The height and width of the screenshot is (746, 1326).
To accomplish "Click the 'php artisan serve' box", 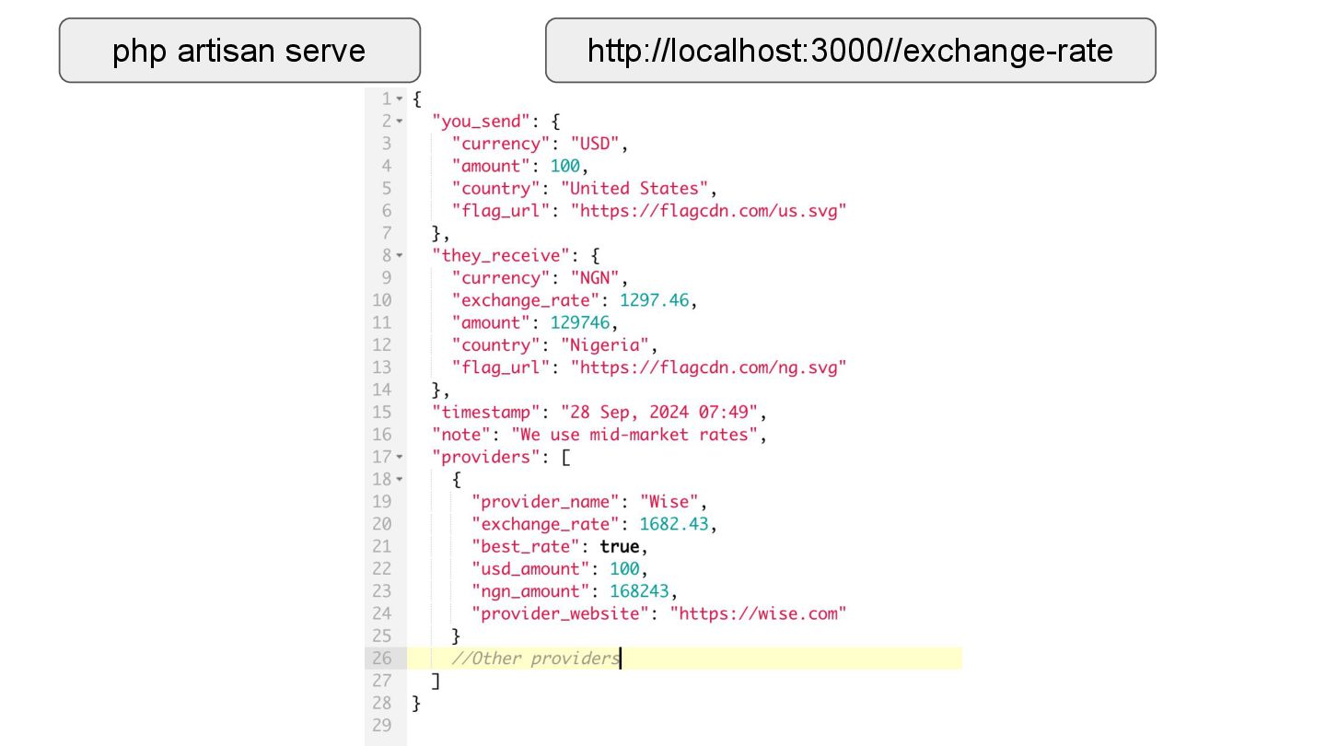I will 239,51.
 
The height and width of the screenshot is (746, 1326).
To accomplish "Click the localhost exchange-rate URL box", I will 850,51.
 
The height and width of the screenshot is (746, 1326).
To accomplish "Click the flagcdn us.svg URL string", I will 707,211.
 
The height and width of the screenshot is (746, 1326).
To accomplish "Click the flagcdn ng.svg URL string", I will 707,367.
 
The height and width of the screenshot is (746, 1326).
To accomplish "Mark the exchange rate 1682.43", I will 677,524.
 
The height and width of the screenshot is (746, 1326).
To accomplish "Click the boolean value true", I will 619,546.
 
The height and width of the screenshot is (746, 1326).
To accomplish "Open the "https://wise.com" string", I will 757,613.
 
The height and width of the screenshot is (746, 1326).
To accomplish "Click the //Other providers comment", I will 535,659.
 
